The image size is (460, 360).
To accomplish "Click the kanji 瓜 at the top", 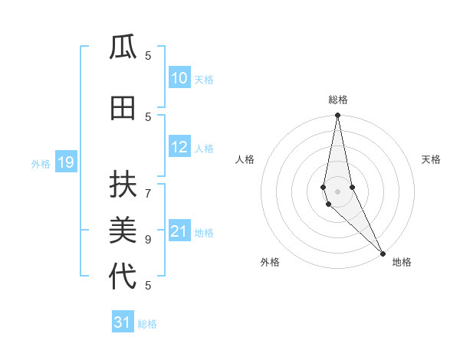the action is click(123, 48).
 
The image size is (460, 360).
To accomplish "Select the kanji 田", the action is click(123, 109).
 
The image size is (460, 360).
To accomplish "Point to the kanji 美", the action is click(123, 230).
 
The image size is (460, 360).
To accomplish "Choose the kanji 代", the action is click(123, 276).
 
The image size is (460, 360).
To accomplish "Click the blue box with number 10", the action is click(179, 78).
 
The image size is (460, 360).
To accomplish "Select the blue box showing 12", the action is click(179, 148).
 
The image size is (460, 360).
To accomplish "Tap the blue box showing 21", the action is click(179, 232).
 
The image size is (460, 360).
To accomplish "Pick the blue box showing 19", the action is click(65, 162).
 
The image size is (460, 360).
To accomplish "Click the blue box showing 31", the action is click(123, 322).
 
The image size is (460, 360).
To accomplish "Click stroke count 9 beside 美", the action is click(148, 239).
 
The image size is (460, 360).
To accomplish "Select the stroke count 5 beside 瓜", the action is click(148, 55).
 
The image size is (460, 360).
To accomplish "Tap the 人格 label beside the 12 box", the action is click(204, 149).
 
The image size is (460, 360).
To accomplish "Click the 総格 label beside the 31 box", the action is click(147, 324).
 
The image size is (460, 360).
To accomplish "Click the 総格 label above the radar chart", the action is click(337, 100).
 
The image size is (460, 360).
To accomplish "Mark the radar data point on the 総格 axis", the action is click(337, 116).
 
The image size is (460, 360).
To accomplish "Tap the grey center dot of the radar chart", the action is click(337, 191).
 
